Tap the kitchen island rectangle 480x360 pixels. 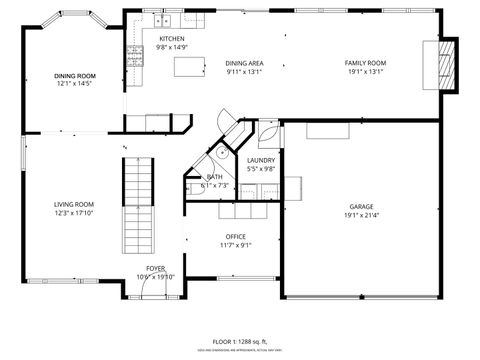click(188, 66)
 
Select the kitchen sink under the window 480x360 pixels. click(162, 21)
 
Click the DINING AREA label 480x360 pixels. click(244, 63)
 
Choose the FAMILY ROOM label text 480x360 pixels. click(366, 63)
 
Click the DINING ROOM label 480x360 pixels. click(75, 76)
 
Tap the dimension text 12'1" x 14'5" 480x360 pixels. click(75, 84)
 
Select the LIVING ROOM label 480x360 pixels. click(74, 204)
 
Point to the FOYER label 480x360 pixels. click(155, 269)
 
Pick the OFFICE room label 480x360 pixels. click(236, 237)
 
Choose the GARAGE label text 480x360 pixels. click(361, 207)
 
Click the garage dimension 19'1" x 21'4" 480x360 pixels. click(361, 215)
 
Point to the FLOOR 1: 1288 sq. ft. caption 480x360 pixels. click(240, 341)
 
